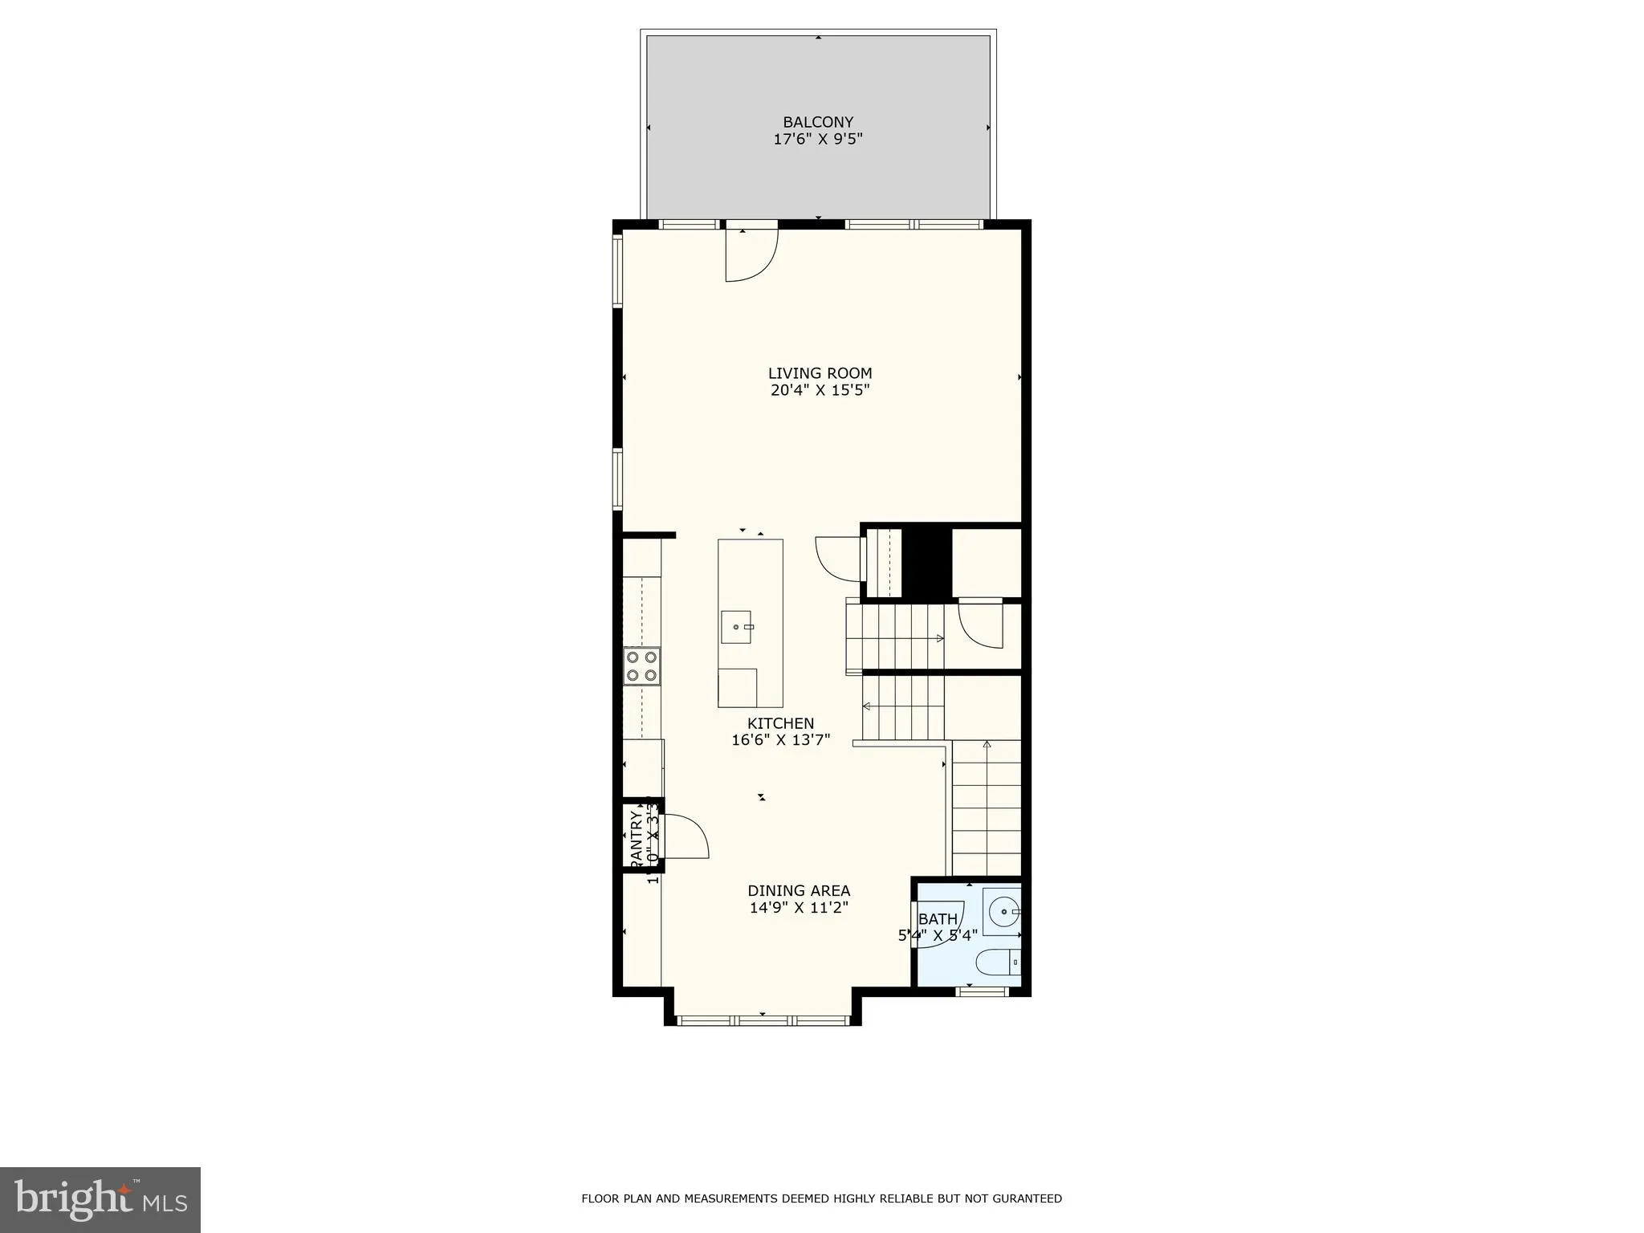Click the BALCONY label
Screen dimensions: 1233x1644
tap(818, 122)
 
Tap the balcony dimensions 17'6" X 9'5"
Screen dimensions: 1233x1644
tap(818, 140)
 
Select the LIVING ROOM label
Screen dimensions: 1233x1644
tap(820, 373)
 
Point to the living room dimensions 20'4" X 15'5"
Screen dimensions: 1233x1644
tap(820, 391)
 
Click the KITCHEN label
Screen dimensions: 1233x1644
tap(780, 723)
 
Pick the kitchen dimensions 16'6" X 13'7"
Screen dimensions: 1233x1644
tap(780, 740)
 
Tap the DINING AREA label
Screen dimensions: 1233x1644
tap(799, 890)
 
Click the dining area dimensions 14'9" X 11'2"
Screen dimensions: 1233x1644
tap(799, 908)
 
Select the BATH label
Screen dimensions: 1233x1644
tap(938, 919)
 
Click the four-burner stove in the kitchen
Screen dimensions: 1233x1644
tap(642, 666)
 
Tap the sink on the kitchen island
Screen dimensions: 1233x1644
tap(737, 627)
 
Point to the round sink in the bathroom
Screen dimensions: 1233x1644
tap(1003, 912)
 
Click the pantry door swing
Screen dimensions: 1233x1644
tap(684, 836)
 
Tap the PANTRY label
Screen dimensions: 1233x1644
tap(636, 838)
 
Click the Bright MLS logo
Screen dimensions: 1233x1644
tap(100, 1199)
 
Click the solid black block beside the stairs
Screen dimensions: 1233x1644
tap(926, 561)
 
